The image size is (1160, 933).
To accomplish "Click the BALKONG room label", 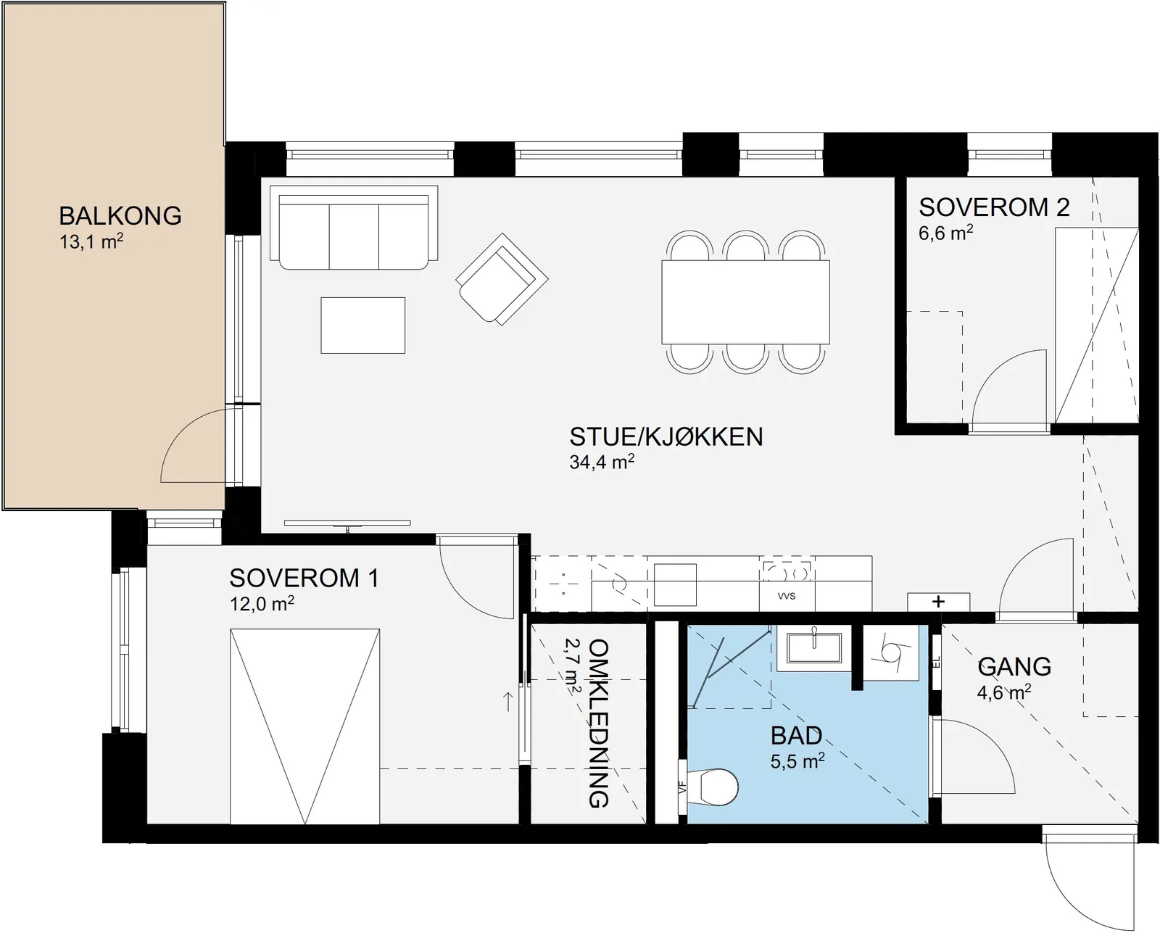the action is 120,215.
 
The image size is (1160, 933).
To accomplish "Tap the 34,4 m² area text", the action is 602,462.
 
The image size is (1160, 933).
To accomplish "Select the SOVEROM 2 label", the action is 994,207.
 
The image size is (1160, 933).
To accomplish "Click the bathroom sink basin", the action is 813,648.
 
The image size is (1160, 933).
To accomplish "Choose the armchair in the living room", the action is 502,279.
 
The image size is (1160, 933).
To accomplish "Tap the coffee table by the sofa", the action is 362,325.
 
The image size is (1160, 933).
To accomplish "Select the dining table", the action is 745,302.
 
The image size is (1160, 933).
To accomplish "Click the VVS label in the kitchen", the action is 787,596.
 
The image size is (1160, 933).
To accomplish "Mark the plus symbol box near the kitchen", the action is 938,602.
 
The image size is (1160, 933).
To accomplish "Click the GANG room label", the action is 1014,667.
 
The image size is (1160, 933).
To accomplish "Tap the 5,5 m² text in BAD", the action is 797,761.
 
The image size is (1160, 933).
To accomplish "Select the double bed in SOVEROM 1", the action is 304,726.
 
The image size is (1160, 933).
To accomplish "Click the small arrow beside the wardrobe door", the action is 507,702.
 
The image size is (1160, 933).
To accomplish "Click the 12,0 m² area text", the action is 262,604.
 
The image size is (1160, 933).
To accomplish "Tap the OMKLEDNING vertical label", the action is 598,723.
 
